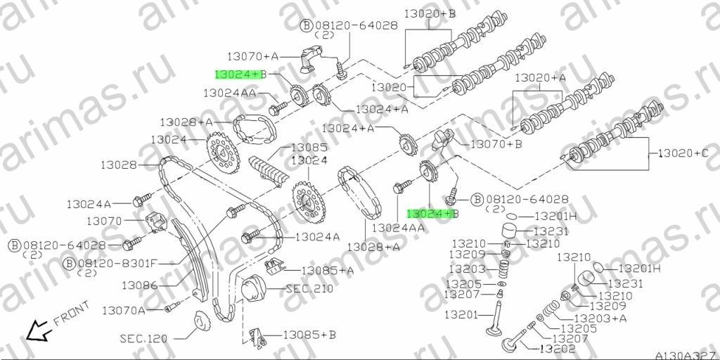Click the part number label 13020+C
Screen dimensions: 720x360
pos(683,153)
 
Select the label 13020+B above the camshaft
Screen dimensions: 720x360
pos(430,14)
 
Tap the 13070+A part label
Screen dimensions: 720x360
pos(253,56)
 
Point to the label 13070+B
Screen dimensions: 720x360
pos(496,144)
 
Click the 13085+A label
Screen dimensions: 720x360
pos(328,271)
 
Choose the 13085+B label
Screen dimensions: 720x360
pos(309,335)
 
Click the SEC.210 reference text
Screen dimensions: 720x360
pos(309,289)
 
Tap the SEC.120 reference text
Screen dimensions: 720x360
pos(143,339)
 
